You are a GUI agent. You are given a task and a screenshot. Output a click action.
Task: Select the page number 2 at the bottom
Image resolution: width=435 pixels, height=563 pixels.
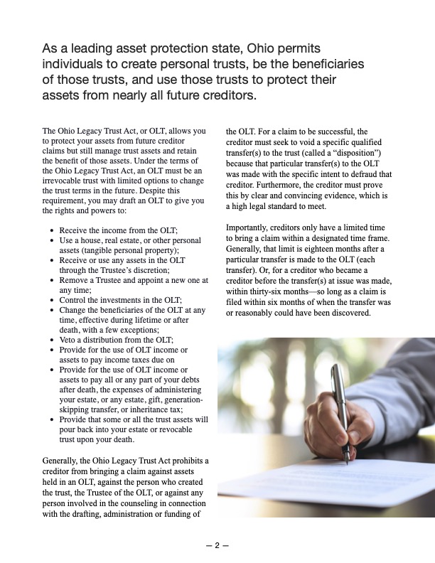[217, 545]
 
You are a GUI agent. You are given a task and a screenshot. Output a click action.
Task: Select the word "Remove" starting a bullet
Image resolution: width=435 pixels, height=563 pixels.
[75, 280]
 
